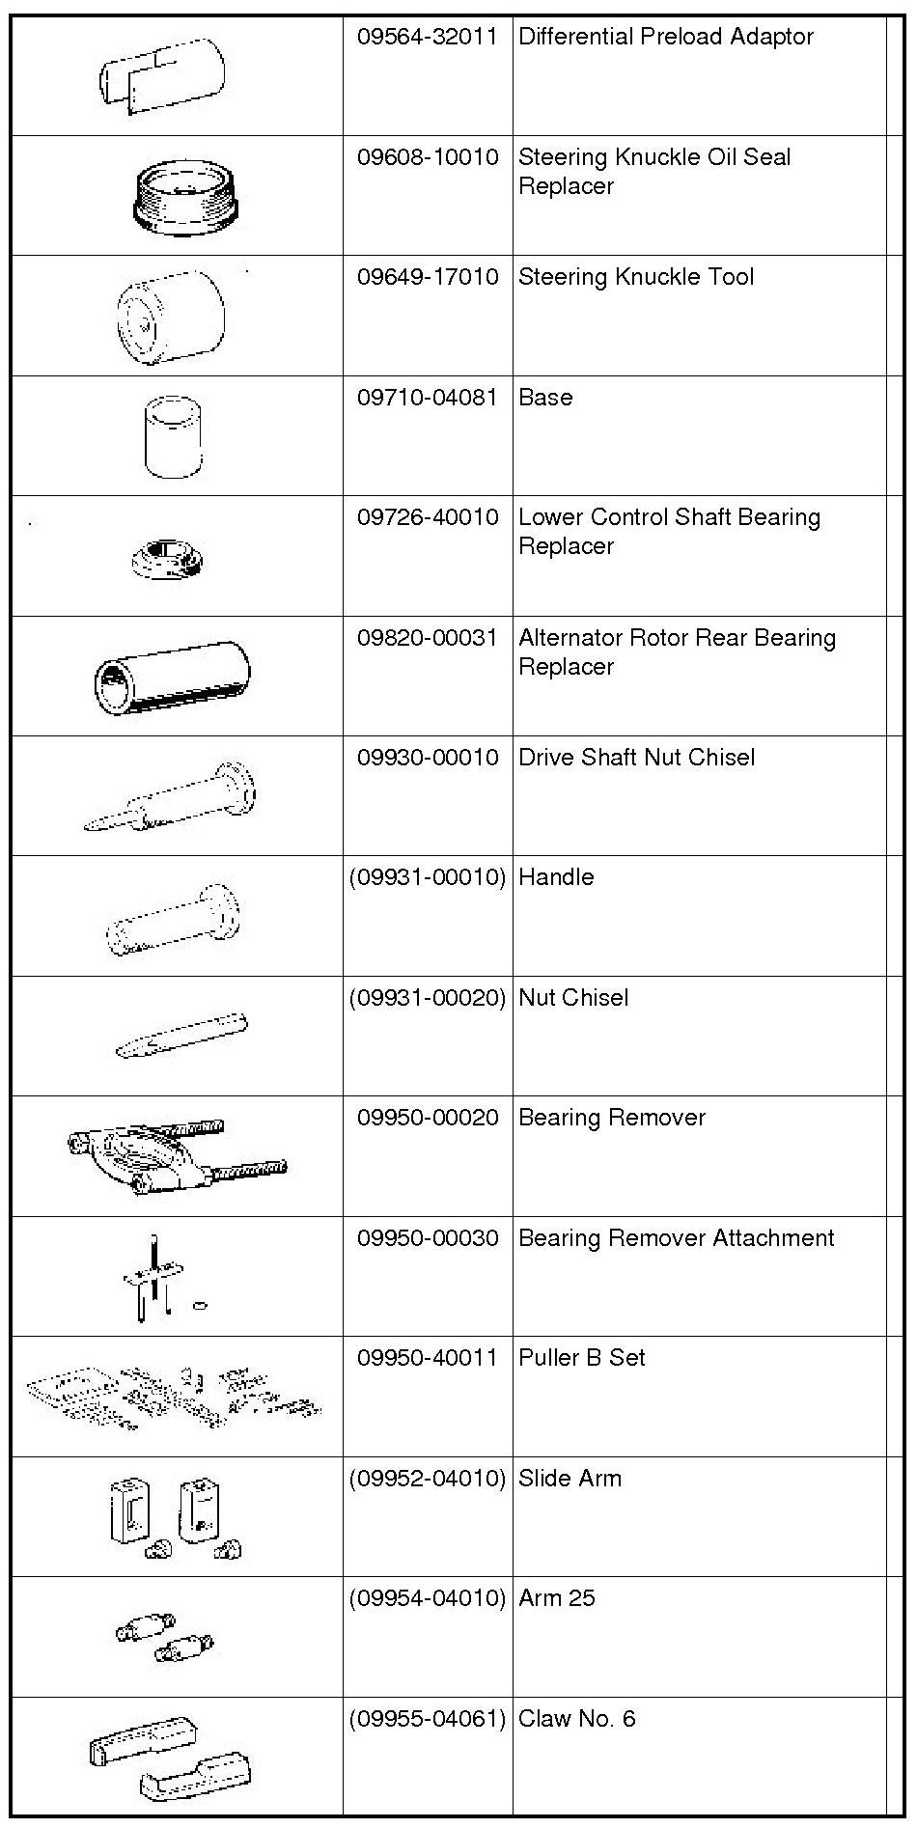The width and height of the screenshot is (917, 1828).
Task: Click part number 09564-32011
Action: [427, 37]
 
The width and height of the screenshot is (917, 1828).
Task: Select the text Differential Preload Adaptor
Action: [665, 37]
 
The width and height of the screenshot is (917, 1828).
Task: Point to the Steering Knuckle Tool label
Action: [635, 277]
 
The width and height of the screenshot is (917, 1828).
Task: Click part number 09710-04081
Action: [427, 398]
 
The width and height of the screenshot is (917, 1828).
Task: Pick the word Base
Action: [545, 398]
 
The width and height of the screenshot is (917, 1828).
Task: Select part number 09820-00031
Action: [427, 638]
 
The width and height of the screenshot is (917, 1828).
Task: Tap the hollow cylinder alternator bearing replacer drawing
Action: [172, 677]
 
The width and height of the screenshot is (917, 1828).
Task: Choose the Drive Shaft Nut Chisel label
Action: [636, 758]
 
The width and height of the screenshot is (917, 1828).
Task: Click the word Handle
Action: [556, 877]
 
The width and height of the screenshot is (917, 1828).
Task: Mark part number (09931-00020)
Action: [427, 998]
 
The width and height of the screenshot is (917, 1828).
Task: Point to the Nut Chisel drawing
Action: [181, 1036]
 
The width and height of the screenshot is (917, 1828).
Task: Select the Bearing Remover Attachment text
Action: [676, 1238]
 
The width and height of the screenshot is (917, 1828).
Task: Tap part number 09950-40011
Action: [427, 1358]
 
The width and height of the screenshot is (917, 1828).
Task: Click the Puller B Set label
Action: [581, 1358]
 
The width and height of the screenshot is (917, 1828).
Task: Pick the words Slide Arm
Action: [570, 1479]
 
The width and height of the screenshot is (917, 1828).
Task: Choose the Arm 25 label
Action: [556, 1598]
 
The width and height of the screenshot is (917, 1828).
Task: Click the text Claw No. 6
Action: [576, 1719]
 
